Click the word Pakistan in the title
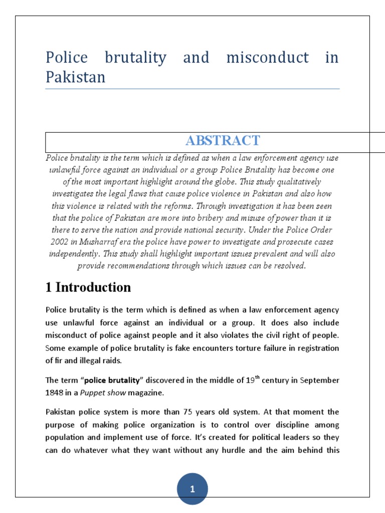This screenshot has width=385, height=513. [x=76, y=78]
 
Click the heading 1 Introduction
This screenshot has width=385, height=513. [x=88, y=287]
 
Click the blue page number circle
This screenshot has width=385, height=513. [x=192, y=489]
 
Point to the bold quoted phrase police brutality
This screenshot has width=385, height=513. [x=113, y=380]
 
